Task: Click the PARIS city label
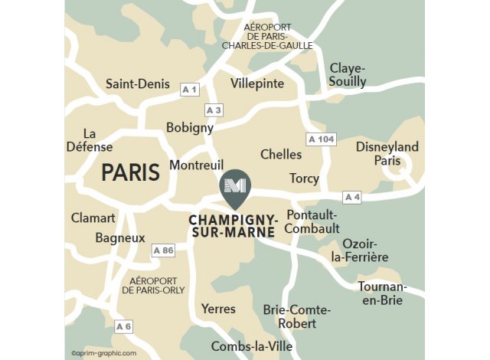tap(130, 172)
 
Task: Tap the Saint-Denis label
tap(138, 84)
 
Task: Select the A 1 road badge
tap(190, 90)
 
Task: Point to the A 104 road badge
tap(322, 139)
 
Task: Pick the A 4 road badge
tap(352, 198)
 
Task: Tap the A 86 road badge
tap(164, 250)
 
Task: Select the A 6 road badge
tap(124, 327)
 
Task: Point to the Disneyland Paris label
tap(387, 154)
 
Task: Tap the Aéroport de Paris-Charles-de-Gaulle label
tap(267, 36)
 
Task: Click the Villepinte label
tap(257, 83)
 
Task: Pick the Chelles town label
tap(281, 155)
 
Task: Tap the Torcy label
tap(304, 178)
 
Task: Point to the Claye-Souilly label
tap(348, 75)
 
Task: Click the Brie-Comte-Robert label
tap(296, 316)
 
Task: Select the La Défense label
tap(90, 139)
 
